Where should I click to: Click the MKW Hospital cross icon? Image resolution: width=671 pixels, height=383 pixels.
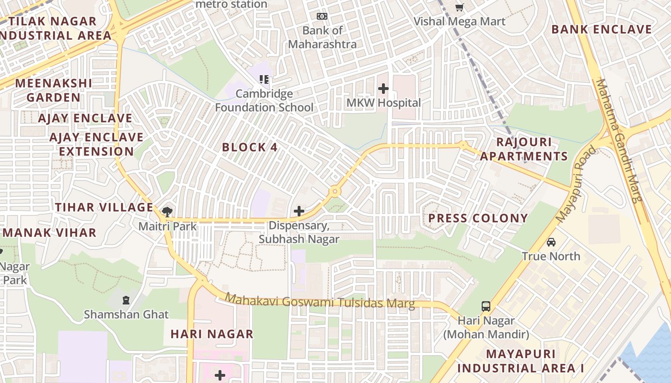click(383, 89)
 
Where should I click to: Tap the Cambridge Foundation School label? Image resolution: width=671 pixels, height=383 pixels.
click(264, 101)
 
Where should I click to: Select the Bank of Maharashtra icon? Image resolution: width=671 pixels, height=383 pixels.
click(322, 16)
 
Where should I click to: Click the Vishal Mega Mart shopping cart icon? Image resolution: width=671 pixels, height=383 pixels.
click(459, 7)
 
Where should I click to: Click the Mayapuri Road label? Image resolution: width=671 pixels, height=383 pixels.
click(577, 184)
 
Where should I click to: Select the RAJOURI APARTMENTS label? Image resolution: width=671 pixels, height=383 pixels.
click(524, 149)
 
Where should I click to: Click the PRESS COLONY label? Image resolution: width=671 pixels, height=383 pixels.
click(478, 218)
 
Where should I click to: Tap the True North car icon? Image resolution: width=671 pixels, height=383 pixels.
click(551, 242)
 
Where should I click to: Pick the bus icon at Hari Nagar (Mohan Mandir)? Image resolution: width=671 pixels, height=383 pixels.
click(486, 306)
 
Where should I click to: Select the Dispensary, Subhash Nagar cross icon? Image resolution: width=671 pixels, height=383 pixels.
click(299, 211)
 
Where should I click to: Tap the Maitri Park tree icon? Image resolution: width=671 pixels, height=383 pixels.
click(167, 211)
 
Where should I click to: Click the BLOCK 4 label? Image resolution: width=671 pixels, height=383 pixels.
click(250, 147)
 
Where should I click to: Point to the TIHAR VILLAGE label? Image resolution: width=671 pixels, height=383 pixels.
click(104, 207)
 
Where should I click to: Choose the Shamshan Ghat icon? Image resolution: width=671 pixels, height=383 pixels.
click(126, 300)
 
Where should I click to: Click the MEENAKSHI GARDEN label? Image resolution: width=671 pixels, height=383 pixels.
click(53, 90)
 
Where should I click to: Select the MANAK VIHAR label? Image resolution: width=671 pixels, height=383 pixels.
click(50, 233)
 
